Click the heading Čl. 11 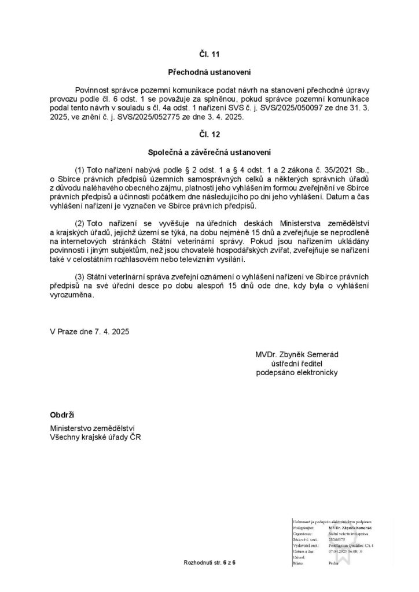pyautogui.click(x=210, y=54)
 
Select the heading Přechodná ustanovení pyautogui.click(x=209, y=73)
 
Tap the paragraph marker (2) pyautogui.click(x=81, y=223)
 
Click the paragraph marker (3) pyautogui.click(x=81, y=278)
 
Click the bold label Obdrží pyautogui.click(x=63, y=415)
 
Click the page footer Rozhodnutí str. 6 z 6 pyautogui.click(x=209, y=563)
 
